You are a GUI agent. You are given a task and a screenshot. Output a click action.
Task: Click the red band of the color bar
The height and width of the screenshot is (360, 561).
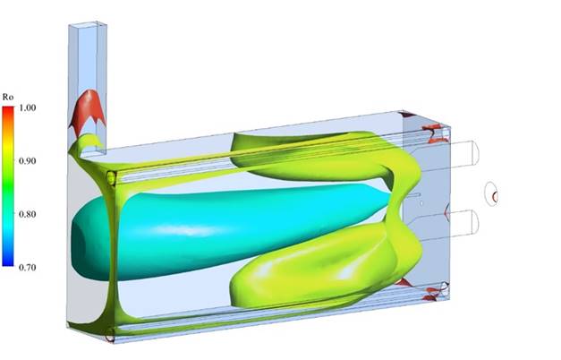pyautogui.click(x=8, y=113)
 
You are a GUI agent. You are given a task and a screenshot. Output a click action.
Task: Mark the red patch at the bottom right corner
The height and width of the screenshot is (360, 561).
pyautogui.click(x=434, y=291)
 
